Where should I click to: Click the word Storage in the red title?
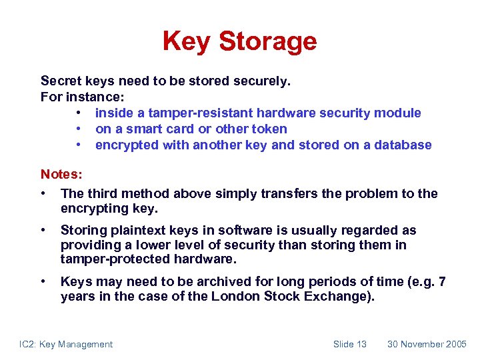(x=268, y=42)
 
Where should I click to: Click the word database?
(x=401, y=145)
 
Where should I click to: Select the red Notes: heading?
(x=61, y=175)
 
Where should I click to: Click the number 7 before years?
(x=442, y=282)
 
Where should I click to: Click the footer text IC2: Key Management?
(x=66, y=344)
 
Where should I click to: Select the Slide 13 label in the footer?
(x=349, y=344)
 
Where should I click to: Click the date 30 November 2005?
(x=427, y=344)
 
